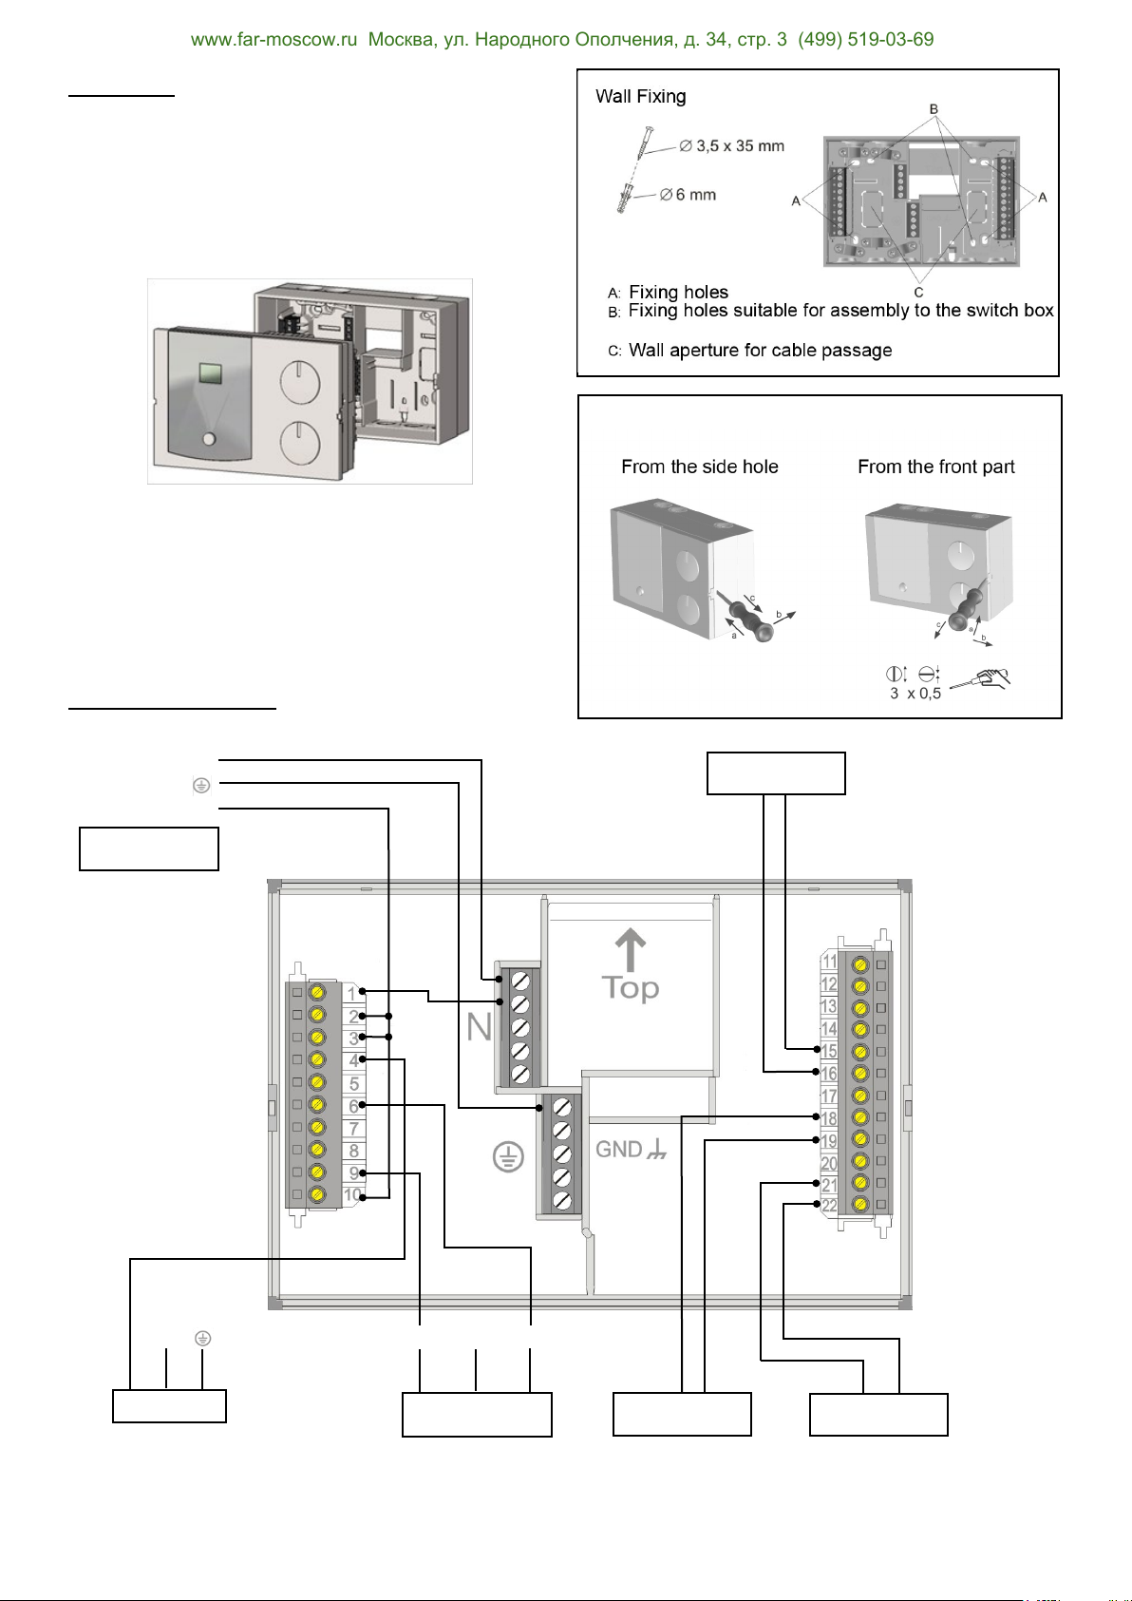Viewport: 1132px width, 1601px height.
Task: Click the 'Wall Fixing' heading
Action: [x=640, y=97]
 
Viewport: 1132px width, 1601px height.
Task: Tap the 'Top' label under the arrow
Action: [x=630, y=989]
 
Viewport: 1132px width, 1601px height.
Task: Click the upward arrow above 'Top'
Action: [x=630, y=949]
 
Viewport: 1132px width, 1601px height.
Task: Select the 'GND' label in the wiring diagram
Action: [x=619, y=1150]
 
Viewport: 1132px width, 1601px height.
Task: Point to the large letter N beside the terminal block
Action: [x=479, y=1027]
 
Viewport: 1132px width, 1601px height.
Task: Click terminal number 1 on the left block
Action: [x=351, y=994]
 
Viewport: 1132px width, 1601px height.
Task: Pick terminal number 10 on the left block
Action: [x=352, y=1195]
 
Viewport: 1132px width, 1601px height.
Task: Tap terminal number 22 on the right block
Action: [x=829, y=1206]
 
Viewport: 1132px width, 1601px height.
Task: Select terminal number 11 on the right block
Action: [x=829, y=963]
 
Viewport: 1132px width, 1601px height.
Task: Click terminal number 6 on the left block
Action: [x=353, y=1106]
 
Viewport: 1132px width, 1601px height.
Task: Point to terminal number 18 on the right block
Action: [x=829, y=1119]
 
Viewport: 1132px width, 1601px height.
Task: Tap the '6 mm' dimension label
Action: [x=695, y=195]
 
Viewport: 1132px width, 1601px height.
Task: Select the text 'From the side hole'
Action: [x=699, y=467]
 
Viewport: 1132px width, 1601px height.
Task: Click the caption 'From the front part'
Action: [x=935, y=467]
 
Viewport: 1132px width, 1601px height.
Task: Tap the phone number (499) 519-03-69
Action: [x=865, y=40]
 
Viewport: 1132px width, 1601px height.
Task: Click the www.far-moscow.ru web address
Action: [x=274, y=40]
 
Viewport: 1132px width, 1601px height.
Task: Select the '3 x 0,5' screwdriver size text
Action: [x=915, y=694]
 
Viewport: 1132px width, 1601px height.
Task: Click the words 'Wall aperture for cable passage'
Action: [x=760, y=351]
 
